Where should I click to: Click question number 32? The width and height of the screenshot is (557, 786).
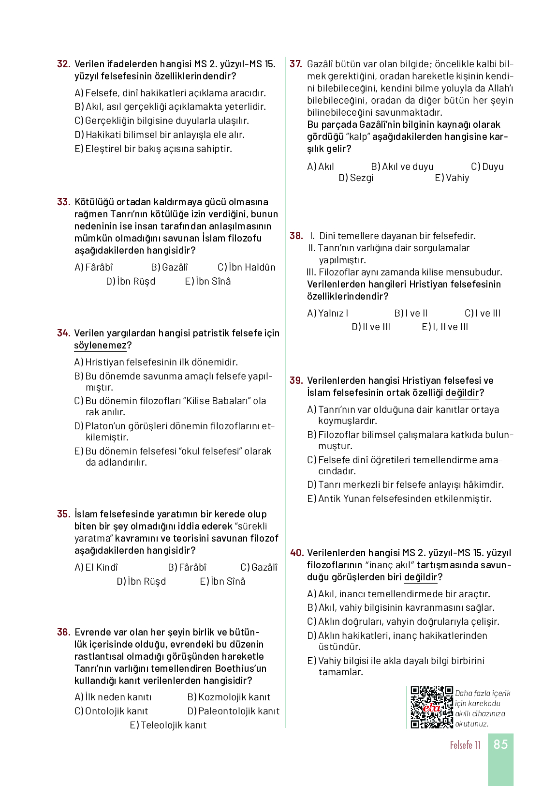(63, 64)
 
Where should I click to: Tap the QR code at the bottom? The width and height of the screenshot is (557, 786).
(431, 707)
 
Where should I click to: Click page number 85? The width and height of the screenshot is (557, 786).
(500, 744)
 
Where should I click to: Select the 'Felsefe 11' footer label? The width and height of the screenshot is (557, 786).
(465, 745)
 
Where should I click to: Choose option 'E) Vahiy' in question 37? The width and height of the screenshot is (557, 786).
(452, 178)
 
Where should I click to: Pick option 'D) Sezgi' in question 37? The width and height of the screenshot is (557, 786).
(356, 178)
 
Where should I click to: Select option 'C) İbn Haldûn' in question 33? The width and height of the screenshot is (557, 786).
(246, 267)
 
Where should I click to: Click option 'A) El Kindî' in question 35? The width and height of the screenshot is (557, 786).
(96, 567)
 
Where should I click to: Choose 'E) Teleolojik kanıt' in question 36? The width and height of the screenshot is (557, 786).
(168, 725)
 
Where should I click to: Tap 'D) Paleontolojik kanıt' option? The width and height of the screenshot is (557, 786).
(233, 711)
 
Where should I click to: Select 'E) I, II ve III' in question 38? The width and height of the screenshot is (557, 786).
(445, 327)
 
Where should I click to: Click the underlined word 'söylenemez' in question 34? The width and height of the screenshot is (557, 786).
(100, 345)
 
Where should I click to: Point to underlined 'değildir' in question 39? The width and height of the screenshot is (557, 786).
(462, 393)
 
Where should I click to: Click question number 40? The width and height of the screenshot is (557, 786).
(296, 553)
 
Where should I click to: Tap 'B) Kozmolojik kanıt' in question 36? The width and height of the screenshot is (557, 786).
(228, 697)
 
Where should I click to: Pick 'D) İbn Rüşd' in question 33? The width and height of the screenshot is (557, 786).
(131, 281)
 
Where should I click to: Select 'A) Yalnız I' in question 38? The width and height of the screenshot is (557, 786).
(327, 313)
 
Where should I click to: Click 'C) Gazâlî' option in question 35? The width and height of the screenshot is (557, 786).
(259, 567)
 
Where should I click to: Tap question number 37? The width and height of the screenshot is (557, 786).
(295, 64)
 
